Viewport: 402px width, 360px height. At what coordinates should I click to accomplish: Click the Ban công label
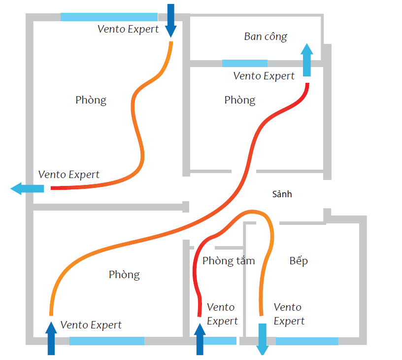tap(265, 36)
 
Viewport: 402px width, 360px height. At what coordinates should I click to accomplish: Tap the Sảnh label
tap(282, 194)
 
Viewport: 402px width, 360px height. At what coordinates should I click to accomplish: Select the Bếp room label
tap(299, 260)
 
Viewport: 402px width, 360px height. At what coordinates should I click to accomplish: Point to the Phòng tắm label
tap(229, 260)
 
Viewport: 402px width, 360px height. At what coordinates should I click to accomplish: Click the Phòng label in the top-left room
tap(91, 100)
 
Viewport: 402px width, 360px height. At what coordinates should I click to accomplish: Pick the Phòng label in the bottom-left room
tap(124, 275)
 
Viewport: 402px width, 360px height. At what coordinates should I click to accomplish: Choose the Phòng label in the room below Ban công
tap(240, 100)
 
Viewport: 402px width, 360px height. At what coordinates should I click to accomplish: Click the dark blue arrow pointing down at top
tap(171, 20)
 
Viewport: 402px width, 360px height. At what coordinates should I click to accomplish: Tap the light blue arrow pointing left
tap(27, 188)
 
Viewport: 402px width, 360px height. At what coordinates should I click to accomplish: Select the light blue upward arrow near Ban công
tap(307, 59)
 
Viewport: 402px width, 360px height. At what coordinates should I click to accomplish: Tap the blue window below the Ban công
tap(244, 63)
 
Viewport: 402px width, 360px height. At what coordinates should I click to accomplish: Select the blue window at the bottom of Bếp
tap(306, 341)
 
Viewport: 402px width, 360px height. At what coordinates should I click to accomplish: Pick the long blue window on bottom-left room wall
tap(106, 341)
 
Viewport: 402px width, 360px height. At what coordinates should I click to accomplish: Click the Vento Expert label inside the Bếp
tap(288, 314)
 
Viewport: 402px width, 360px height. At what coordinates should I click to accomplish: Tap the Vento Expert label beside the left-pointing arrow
tap(68, 175)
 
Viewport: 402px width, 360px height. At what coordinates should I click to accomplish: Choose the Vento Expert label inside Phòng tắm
tap(222, 314)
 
